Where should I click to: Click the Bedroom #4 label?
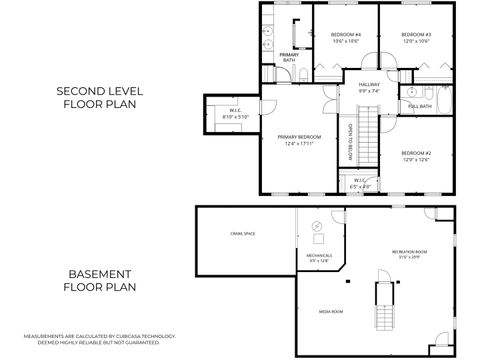tap(346, 38)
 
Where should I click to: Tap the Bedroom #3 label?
tap(416, 38)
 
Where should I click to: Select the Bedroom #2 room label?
tap(415, 156)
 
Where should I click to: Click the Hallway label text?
tap(370, 87)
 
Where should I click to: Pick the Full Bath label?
tap(420, 105)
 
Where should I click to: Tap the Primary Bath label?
tap(288, 57)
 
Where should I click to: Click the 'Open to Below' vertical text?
tap(351, 141)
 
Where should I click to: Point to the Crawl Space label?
tap(242, 234)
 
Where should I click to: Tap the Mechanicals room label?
tap(319, 257)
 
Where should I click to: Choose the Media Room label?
tap(330, 311)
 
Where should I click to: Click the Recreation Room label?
tap(410, 253)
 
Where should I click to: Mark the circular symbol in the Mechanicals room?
tap(318, 227)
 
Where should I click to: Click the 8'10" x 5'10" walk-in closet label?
tap(234, 113)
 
